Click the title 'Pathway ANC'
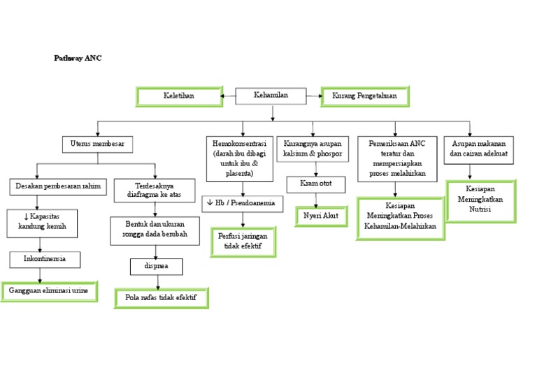(x=78, y=59)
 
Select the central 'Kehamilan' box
(x=271, y=96)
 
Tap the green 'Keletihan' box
(x=178, y=96)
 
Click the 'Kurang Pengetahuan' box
(x=365, y=96)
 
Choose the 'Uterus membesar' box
(x=97, y=144)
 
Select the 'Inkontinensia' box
(x=45, y=260)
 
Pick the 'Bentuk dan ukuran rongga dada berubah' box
(x=155, y=230)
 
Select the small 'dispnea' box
(x=157, y=267)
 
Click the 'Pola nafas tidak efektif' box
(x=161, y=298)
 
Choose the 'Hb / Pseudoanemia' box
(x=243, y=204)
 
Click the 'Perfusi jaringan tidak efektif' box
(x=243, y=241)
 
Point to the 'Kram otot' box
(x=317, y=185)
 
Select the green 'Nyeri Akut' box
(x=321, y=216)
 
